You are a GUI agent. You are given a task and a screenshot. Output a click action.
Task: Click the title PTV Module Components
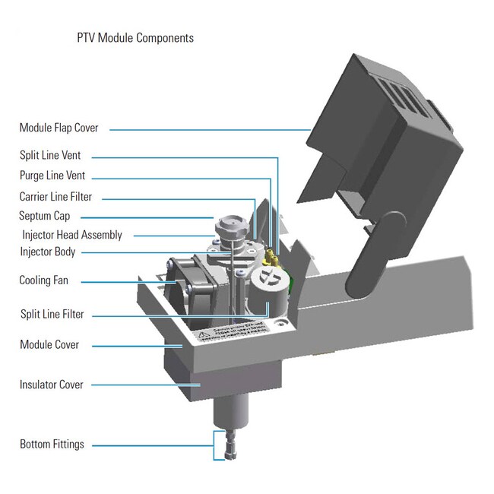coord(135,38)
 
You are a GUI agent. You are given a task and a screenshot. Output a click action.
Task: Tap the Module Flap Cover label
coord(59,128)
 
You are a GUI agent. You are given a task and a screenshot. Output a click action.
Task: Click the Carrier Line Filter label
coord(55,197)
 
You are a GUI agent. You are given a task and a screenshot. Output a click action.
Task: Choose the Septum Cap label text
coord(45,216)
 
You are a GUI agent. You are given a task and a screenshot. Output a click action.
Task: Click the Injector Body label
coord(47,252)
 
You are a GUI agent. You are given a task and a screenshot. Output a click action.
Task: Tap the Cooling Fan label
coord(43,280)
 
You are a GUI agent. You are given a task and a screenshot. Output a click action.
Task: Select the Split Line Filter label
coord(52,314)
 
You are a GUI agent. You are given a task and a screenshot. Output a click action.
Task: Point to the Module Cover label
coord(49,345)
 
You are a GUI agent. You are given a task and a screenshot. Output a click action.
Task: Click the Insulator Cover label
coord(52,385)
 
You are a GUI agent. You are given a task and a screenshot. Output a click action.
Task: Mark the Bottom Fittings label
coord(52,444)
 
